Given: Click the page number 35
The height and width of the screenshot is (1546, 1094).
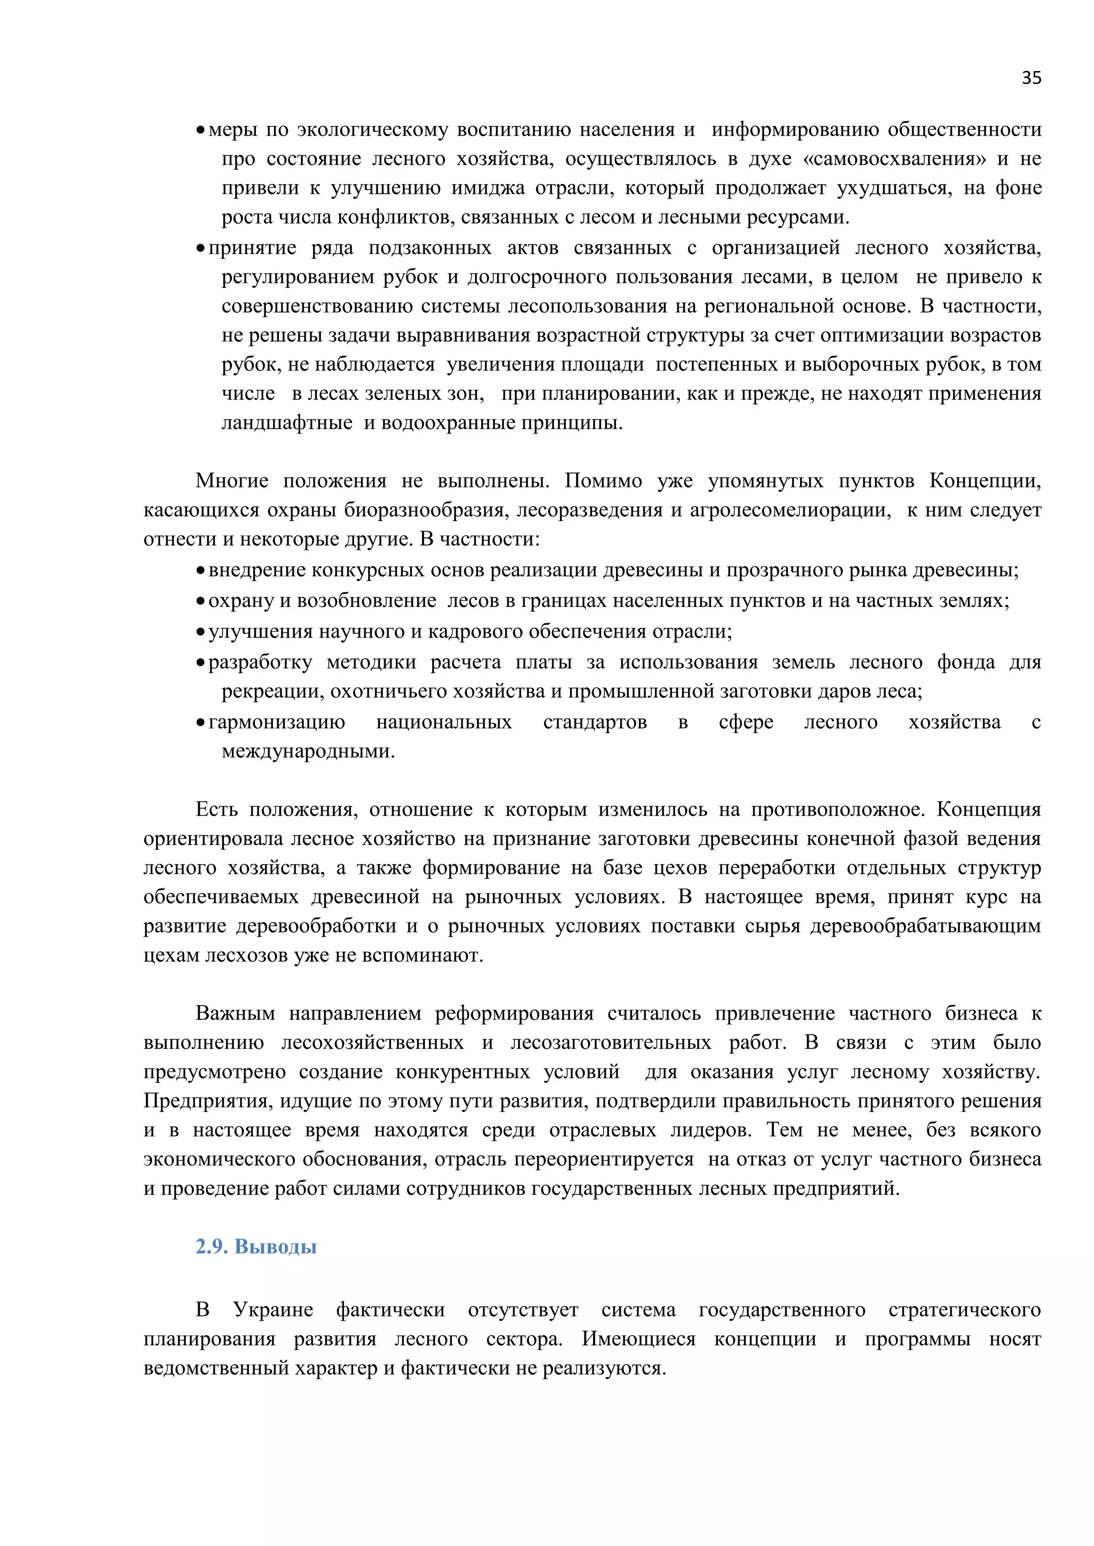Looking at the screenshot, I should click(x=1030, y=78).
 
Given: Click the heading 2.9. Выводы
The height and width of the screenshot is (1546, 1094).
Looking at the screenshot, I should click(x=256, y=1247).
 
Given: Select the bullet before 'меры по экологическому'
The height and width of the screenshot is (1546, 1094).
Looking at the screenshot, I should click(x=200, y=130).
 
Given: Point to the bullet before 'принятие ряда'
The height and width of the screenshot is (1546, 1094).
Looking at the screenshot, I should click(x=200, y=248).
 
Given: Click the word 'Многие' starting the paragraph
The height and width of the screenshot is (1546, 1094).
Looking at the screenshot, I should click(x=232, y=481).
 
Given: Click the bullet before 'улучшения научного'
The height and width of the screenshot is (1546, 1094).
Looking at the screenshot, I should click(x=200, y=632).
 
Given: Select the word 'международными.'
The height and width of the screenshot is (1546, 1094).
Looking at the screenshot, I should click(x=308, y=752).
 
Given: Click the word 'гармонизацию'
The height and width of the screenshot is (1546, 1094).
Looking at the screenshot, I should click(x=276, y=722).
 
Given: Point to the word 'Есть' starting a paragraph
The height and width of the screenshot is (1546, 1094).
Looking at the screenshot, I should click(x=216, y=809).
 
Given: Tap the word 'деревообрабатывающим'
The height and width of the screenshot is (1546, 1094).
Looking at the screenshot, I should click(x=926, y=927).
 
